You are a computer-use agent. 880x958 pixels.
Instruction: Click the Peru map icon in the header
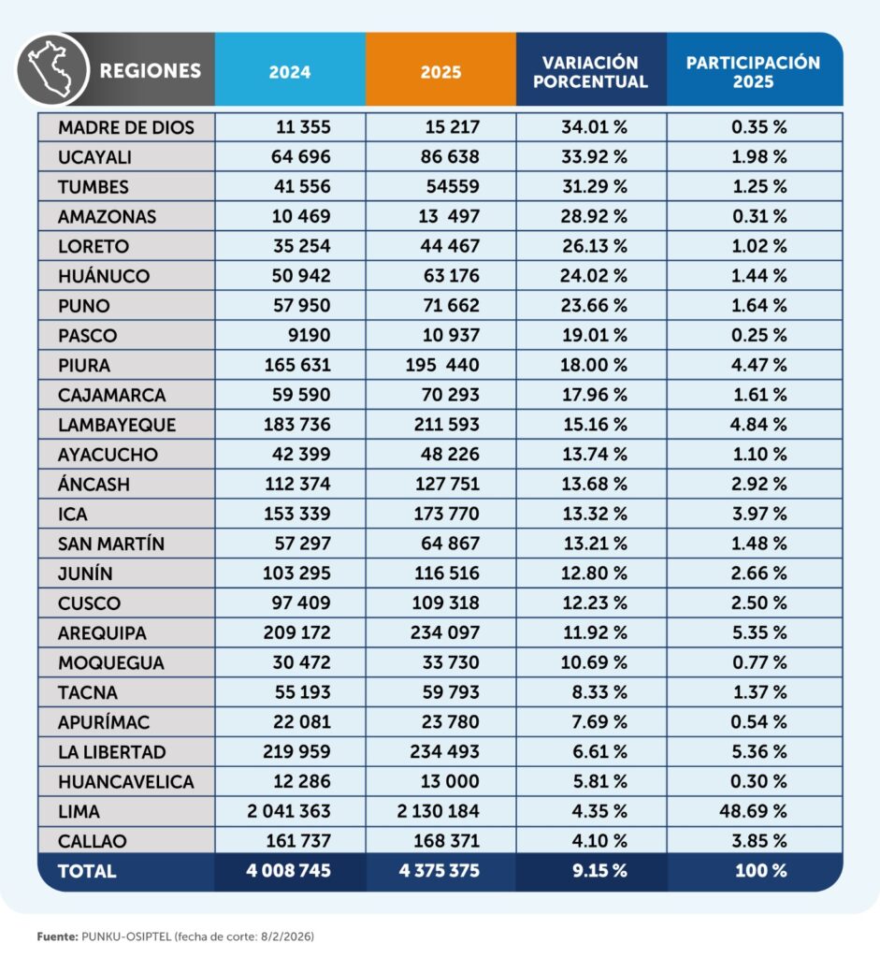point(52,69)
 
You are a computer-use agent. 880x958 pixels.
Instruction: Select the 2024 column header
point(290,71)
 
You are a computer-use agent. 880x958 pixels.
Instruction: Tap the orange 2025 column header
point(440,71)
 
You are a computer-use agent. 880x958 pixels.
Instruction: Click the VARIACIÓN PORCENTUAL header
point(591,71)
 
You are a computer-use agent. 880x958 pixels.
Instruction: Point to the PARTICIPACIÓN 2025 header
point(754,71)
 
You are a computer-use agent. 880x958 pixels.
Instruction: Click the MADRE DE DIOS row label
point(126,127)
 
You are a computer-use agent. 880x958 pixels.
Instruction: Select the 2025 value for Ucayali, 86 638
point(447,157)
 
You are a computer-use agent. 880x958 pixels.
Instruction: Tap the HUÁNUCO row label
point(104,276)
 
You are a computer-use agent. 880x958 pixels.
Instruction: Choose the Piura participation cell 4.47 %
point(759,366)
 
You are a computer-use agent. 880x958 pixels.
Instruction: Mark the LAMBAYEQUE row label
point(117,425)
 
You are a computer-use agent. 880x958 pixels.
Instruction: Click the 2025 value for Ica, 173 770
point(447,515)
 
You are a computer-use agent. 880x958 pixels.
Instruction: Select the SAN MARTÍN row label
point(111,544)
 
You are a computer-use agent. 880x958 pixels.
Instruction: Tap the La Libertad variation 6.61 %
point(599,752)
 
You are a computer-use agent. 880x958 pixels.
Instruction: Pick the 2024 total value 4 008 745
point(289,871)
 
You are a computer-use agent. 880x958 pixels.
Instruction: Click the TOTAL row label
point(87,871)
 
